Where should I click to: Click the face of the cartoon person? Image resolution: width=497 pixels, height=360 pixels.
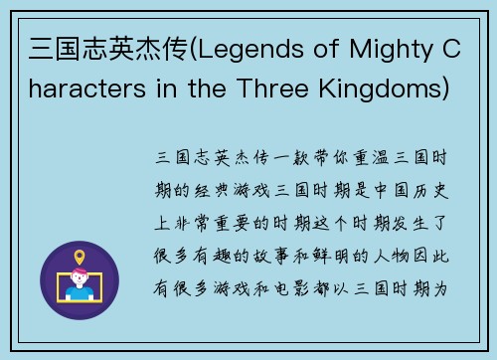[x=80, y=278]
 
